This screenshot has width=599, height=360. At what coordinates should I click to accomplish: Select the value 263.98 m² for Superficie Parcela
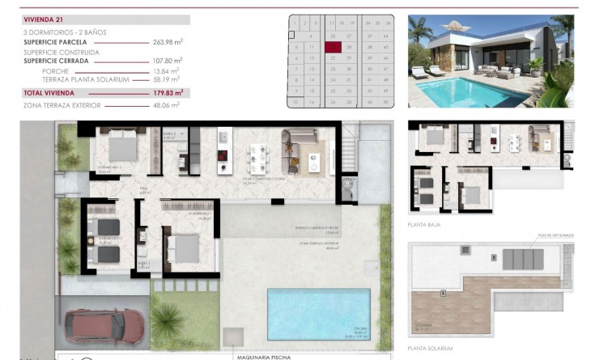(x=168, y=41)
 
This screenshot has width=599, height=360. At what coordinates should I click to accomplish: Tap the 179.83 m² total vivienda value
(x=168, y=92)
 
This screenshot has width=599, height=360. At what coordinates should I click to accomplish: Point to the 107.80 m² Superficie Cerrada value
(x=168, y=60)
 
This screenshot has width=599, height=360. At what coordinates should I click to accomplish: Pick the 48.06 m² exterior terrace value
(x=168, y=104)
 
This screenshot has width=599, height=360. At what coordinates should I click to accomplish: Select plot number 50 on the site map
(x=385, y=101)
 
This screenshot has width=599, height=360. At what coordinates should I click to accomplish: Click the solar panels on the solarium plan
(x=525, y=260)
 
